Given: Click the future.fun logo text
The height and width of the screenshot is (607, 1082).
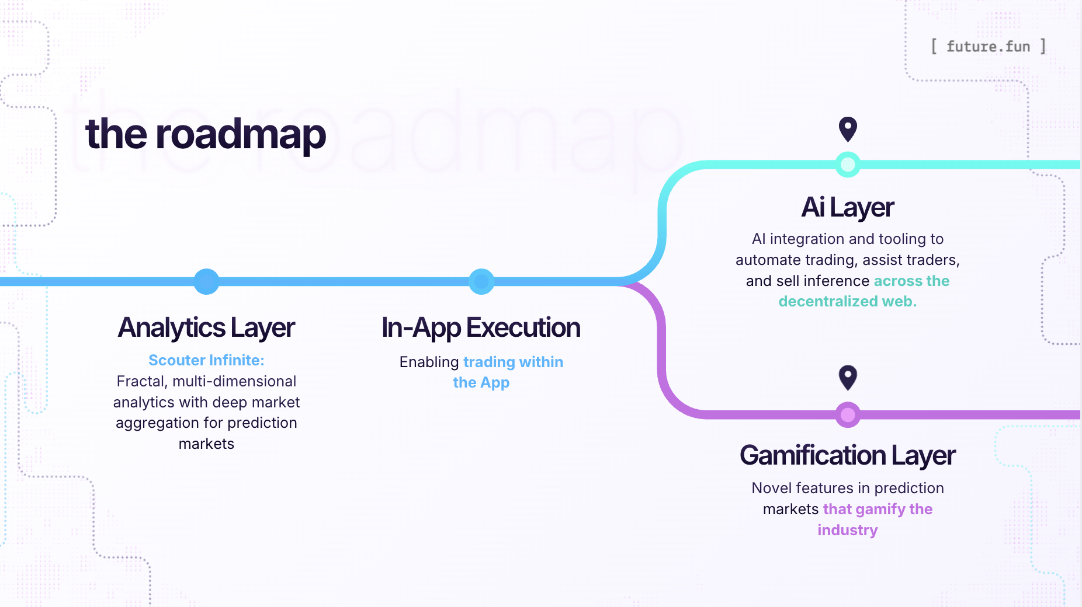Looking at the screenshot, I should (988, 46).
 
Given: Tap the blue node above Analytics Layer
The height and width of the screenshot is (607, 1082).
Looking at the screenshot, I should (206, 281).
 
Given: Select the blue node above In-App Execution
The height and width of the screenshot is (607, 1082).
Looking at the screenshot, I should (481, 281).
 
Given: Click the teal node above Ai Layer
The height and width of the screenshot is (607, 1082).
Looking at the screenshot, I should (848, 165).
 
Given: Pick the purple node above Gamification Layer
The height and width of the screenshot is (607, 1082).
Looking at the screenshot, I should (848, 415).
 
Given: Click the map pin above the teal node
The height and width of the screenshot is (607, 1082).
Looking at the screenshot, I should (848, 128).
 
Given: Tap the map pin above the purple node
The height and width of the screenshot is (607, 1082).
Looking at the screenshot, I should (848, 377).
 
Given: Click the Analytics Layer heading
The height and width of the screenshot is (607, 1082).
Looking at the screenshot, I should (206, 327).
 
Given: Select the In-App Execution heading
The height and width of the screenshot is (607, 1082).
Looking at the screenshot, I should (481, 327).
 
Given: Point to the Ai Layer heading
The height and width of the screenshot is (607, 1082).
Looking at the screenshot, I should (847, 207).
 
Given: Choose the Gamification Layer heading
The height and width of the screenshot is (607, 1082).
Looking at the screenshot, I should (847, 455).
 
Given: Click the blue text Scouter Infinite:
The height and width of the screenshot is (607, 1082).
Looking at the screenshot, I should (206, 360).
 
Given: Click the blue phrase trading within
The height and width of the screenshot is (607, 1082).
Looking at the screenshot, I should (513, 362).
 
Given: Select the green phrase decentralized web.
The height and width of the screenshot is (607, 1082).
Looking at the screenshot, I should (847, 301).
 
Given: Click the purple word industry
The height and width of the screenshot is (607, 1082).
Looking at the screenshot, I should (847, 530).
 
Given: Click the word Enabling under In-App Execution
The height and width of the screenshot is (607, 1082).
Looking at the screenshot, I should (429, 362).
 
